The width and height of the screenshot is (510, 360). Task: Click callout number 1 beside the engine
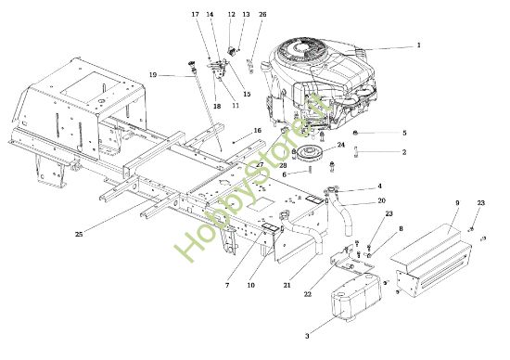[417, 45]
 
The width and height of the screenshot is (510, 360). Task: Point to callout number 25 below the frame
[79, 235]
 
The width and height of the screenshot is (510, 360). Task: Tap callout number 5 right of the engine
[403, 134]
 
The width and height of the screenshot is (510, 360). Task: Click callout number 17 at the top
[196, 16]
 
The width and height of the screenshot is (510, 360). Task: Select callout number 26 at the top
[262, 16]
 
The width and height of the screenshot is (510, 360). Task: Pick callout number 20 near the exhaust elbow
[381, 200]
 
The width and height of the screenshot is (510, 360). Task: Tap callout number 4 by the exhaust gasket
[379, 186]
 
